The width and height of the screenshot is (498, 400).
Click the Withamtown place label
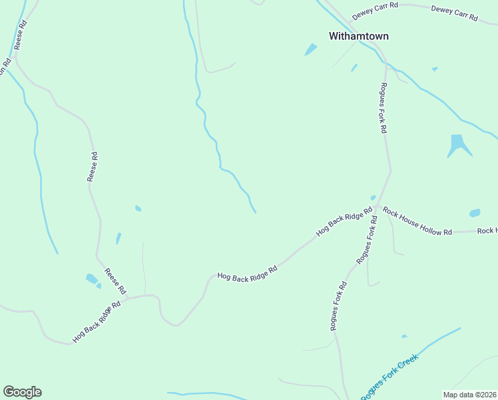(358, 36)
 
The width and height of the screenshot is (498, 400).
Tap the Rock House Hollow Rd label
(417, 222)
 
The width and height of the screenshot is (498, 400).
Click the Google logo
(22, 392)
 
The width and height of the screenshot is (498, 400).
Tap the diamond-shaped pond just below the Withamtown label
(311, 49)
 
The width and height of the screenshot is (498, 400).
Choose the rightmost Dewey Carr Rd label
(454, 13)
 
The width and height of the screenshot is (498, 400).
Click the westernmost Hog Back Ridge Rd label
(97, 321)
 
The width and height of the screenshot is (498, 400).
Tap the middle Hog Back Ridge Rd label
(247, 273)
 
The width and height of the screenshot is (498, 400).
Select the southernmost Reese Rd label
(115, 281)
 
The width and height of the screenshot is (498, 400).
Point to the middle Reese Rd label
(93, 167)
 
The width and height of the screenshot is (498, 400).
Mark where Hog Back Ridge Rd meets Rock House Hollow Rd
(376, 207)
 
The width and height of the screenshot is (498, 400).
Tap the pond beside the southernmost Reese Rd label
(91, 279)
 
